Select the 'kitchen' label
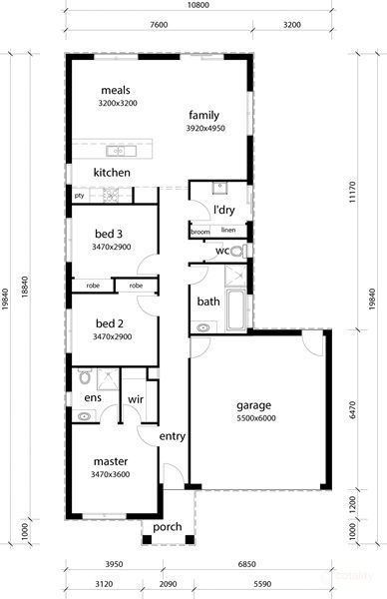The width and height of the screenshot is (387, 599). point(112,173)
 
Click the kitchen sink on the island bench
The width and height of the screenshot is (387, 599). point(118,151)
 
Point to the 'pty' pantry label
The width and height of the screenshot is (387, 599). point(79,196)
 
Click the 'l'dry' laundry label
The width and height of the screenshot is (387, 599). point(222,210)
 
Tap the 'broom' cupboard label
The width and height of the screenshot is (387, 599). point(200,232)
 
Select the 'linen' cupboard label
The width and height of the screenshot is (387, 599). point(228,230)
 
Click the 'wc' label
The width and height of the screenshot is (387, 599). point(222,252)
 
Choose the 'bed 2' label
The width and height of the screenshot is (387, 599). point(109,323)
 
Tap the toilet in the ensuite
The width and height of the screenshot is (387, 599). point(84,377)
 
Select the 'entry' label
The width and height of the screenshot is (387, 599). point(173,436)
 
